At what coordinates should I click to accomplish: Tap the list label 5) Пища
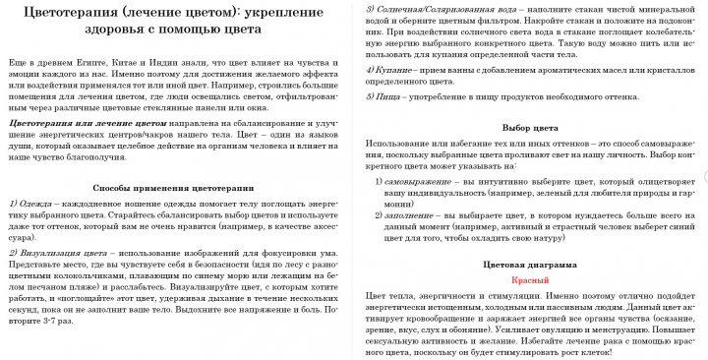385,100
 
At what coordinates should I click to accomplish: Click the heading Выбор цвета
531,129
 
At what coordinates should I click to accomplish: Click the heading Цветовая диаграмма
530,265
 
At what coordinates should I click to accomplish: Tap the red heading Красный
530,280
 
